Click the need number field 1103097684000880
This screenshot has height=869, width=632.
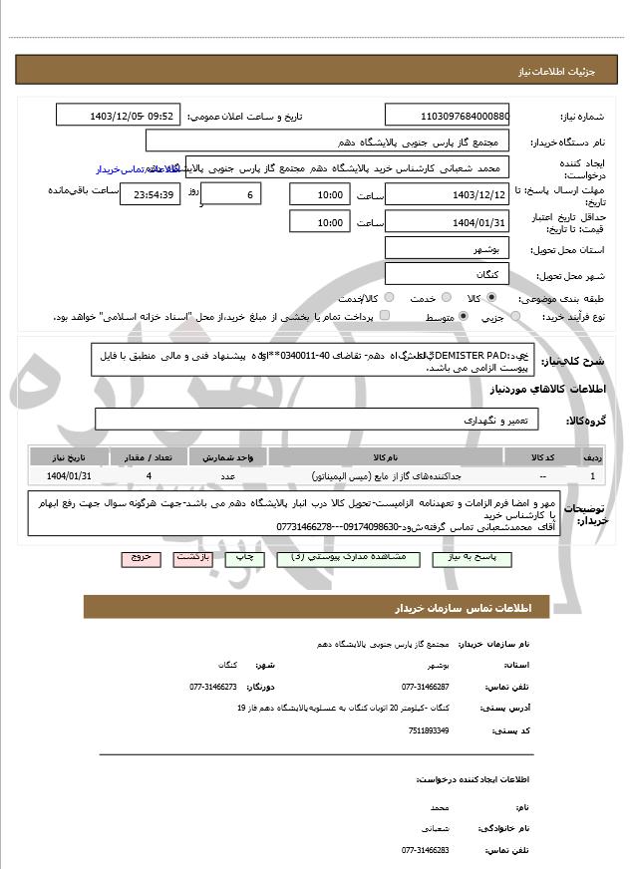(447, 116)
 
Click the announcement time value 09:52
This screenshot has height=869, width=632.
(160, 116)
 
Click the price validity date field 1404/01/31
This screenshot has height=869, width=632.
(447, 221)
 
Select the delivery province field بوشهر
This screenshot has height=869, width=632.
(447, 248)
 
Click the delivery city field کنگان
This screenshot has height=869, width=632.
(447, 274)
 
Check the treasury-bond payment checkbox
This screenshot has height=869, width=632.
(386, 316)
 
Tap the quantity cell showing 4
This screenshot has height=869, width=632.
(149, 476)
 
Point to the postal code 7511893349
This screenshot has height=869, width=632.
(428, 729)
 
